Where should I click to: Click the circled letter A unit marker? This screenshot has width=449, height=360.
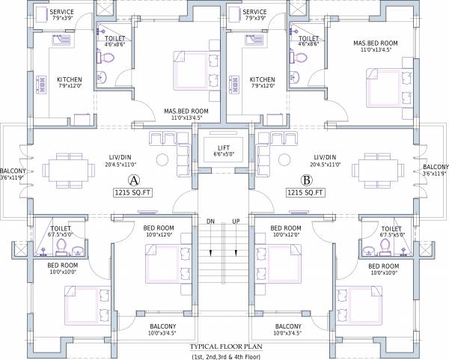[133, 180]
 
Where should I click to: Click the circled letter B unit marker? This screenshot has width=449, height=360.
[306, 180]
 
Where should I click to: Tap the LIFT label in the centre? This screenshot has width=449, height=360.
[224, 147]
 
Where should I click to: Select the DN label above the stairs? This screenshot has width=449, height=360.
[211, 222]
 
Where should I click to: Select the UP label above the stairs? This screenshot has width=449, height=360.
[236, 222]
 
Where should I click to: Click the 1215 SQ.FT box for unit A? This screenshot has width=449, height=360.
[133, 192]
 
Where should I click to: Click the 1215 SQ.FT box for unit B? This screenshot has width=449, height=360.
[305, 192]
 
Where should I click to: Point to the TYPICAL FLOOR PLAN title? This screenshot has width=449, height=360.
[226, 347]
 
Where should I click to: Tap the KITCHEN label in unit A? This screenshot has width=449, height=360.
[70, 79]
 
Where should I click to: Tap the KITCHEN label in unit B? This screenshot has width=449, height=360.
[263, 79]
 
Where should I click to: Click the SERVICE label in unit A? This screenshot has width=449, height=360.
[61, 12]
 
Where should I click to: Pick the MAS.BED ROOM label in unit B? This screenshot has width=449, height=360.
[376, 43]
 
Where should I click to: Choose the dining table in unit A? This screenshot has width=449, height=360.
[69, 171]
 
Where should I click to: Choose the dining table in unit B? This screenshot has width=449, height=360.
[378, 171]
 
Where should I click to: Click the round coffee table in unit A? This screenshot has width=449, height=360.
[162, 159]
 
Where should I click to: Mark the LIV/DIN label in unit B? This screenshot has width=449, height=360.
[325, 157]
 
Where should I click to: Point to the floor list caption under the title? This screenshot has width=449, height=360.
[226, 357]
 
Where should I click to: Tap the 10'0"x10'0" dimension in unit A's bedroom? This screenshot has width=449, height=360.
[64, 272]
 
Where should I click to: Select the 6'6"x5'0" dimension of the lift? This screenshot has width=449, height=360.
[224, 153]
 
